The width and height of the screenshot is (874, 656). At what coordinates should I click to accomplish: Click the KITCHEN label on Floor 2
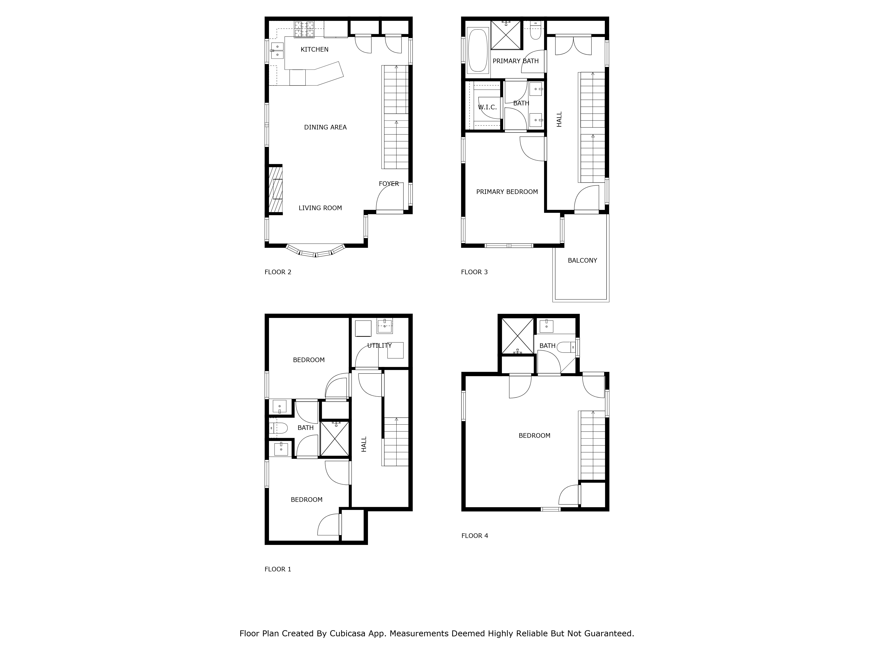coord(314,49)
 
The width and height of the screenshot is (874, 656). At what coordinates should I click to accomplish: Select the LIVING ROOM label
coord(320,208)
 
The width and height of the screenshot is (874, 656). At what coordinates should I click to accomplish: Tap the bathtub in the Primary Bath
coord(478,50)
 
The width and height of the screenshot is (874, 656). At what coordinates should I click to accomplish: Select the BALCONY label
coord(582,261)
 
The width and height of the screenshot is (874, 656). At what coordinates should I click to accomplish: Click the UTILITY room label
coord(379,345)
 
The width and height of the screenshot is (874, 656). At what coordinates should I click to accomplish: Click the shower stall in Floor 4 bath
coord(517,336)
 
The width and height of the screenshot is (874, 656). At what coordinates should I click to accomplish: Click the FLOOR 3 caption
coord(474,272)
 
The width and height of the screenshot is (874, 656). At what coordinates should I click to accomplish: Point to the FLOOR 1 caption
coord(278,569)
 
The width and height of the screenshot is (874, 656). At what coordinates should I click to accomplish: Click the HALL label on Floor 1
coord(364,444)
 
